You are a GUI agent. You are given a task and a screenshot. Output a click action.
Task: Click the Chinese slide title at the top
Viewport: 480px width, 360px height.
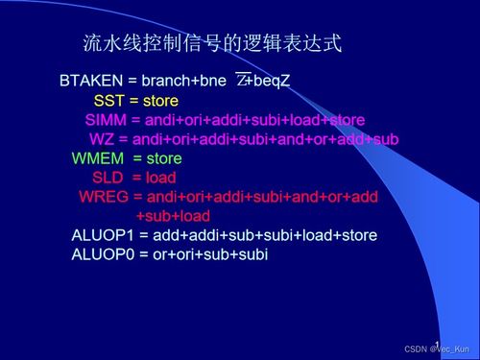(212, 44)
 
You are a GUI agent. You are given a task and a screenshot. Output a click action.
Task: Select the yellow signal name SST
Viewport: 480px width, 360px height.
(108, 101)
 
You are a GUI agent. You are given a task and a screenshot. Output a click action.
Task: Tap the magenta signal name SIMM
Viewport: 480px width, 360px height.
(103, 120)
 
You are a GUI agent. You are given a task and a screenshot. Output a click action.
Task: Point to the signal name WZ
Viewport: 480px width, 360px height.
(102, 139)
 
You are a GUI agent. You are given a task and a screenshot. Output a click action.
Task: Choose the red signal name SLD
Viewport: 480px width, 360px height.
(108, 178)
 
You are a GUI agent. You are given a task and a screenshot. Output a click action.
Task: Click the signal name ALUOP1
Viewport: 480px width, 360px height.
(101, 235)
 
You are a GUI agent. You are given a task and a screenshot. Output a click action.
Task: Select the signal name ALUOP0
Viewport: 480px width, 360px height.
(101, 254)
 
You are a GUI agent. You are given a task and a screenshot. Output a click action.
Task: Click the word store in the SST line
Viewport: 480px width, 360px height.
(161, 101)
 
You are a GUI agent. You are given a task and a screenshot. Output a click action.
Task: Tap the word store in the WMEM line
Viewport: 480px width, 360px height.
(163, 158)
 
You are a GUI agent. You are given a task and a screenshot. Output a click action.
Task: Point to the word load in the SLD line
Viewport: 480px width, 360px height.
(161, 178)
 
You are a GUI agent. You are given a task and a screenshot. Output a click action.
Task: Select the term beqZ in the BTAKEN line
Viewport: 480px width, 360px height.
(271, 81)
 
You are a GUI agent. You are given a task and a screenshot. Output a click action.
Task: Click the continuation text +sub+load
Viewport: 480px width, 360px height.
(174, 216)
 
